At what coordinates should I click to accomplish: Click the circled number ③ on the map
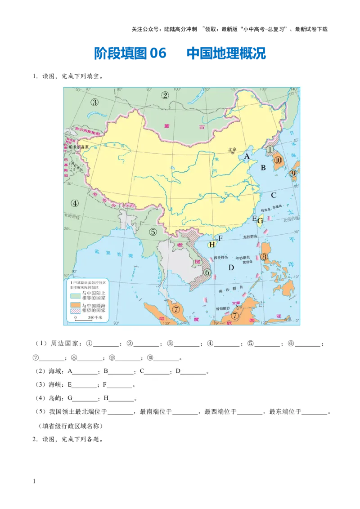tap(94, 102)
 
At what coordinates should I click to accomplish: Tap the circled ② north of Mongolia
tap(165, 95)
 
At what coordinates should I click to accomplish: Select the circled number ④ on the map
tap(75, 203)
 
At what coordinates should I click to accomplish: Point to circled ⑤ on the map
tap(153, 232)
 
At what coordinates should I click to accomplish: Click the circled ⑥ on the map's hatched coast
tap(207, 272)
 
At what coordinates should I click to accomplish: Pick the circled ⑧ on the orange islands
tap(265, 257)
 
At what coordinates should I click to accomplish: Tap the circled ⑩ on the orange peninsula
tap(278, 160)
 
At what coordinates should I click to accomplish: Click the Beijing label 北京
tap(232, 150)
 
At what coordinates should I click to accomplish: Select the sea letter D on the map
tap(231, 268)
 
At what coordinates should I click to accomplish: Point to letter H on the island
tap(211, 245)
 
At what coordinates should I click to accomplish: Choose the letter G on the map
tap(260, 221)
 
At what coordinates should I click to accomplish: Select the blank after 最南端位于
tap(185, 411)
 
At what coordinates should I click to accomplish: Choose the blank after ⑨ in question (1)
tap(129, 358)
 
